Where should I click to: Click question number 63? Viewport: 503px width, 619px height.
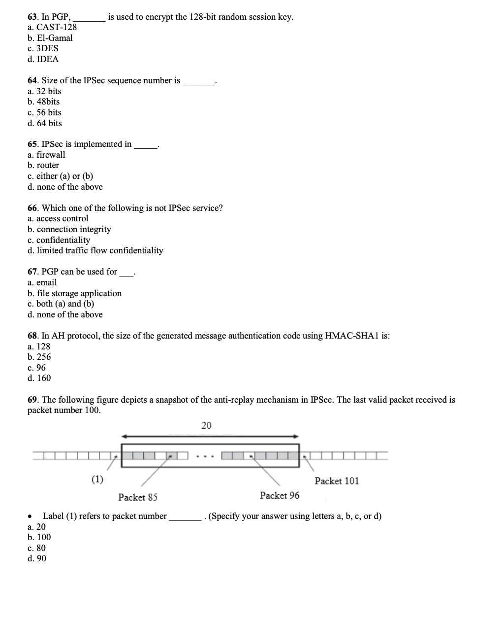click(x=33, y=17)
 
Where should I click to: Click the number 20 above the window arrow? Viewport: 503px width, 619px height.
click(x=207, y=425)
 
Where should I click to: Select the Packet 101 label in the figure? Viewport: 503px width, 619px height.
click(x=337, y=481)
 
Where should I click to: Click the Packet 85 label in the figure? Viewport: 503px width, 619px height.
click(x=138, y=497)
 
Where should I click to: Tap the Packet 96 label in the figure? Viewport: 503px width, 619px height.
click(x=279, y=495)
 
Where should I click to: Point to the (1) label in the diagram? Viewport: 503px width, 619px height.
click(x=97, y=479)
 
